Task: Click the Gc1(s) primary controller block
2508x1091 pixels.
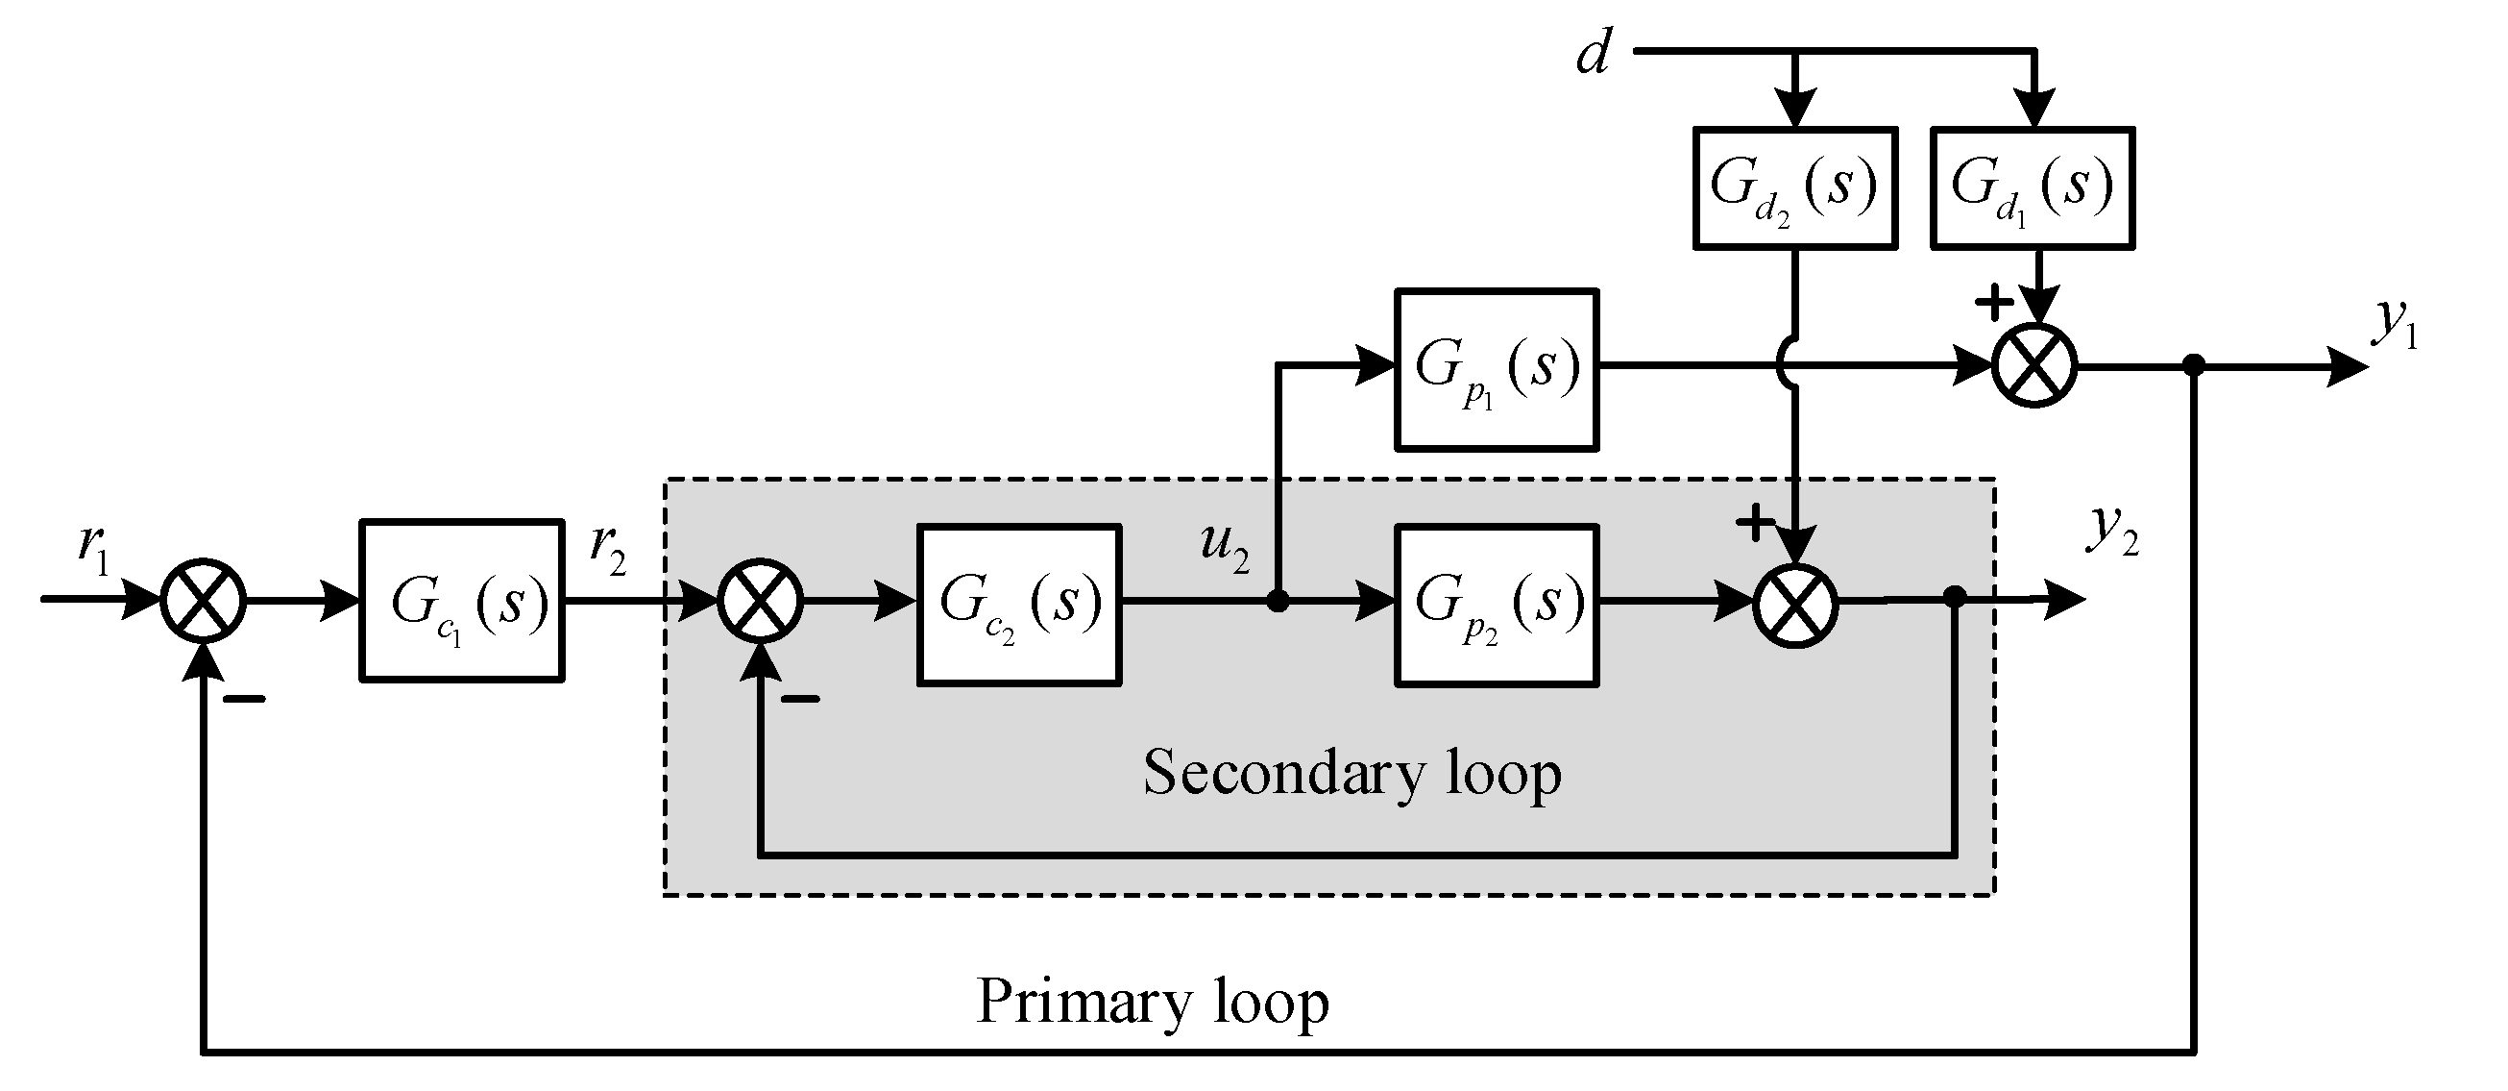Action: pyautogui.click(x=461, y=601)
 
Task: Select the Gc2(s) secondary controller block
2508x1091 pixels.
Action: pyautogui.click(x=1018, y=605)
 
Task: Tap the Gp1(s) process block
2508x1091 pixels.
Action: pyautogui.click(x=1496, y=370)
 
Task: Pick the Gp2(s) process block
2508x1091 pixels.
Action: pyautogui.click(x=1496, y=605)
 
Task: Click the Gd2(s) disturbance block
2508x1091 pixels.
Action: pyautogui.click(x=1794, y=188)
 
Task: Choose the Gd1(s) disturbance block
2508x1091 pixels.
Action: pyautogui.click(x=2032, y=188)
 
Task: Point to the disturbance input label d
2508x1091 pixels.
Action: pyautogui.click(x=1593, y=54)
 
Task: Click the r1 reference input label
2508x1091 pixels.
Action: pyautogui.click(x=94, y=551)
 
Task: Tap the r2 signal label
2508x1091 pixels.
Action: pyautogui.click(x=607, y=551)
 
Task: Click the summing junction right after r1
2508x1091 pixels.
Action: pyautogui.click(x=203, y=601)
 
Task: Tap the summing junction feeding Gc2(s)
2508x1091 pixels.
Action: pyautogui.click(x=761, y=601)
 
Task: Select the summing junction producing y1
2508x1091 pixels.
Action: pyautogui.click(x=2034, y=366)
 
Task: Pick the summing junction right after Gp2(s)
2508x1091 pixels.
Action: pyautogui.click(x=1795, y=604)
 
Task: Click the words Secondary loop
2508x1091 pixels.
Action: pyautogui.click(x=1351, y=774)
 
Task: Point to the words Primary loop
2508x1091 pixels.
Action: pyautogui.click(x=1152, y=1002)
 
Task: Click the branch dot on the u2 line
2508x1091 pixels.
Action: pyautogui.click(x=1278, y=602)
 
